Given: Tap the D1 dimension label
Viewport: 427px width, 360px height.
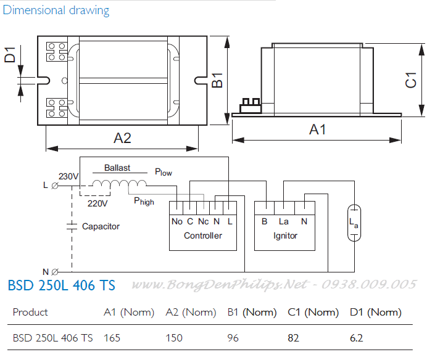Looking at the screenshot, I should pyautogui.click(x=10, y=56).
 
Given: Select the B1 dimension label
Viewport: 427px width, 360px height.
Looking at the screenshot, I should pyautogui.click(x=217, y=80).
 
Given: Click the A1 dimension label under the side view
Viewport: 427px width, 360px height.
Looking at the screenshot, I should pyautogui.click(x=317, y=130).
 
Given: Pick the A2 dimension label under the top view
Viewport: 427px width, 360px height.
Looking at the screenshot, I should pyautogui.click(x=122, y=138).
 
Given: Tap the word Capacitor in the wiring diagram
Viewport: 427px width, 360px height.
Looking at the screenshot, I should pyautogui.click(x=101, y=227).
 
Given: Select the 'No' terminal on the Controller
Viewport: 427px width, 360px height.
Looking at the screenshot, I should pyautogui.click(x=176, y=221).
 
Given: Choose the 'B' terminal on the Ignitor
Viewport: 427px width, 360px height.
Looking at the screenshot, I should pyautogui.click(x=264, y=221).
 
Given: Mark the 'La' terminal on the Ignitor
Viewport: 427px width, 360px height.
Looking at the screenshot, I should pyautogui.click(x=284, y=221).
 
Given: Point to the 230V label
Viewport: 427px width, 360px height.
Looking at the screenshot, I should pyautogui.click(x=68, y=176).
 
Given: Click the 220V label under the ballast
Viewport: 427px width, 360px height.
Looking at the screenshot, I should pyautogui.click(x=97, y=203).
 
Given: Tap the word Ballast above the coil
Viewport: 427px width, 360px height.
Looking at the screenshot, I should pyautogui.click(x=117, y=168).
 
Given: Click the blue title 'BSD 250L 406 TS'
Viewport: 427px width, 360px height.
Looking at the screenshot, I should pyautogui.click(x=61, y=285).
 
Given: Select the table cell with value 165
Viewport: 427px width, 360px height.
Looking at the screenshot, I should pyautogui.click(x=112, y=338).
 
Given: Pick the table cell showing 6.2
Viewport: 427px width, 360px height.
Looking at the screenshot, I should pyautogui.click(x=357, y=338).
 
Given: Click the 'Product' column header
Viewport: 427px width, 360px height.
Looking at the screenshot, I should pyautogui.click(x=30, y=313).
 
